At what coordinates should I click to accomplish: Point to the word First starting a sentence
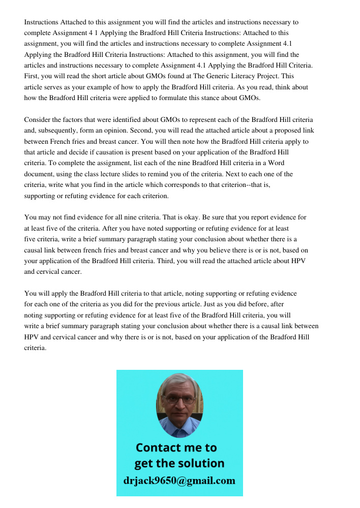(x=32, y=76)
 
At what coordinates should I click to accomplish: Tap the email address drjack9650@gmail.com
(x=179, y=481)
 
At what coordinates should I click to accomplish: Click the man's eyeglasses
(x=179, y=400)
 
